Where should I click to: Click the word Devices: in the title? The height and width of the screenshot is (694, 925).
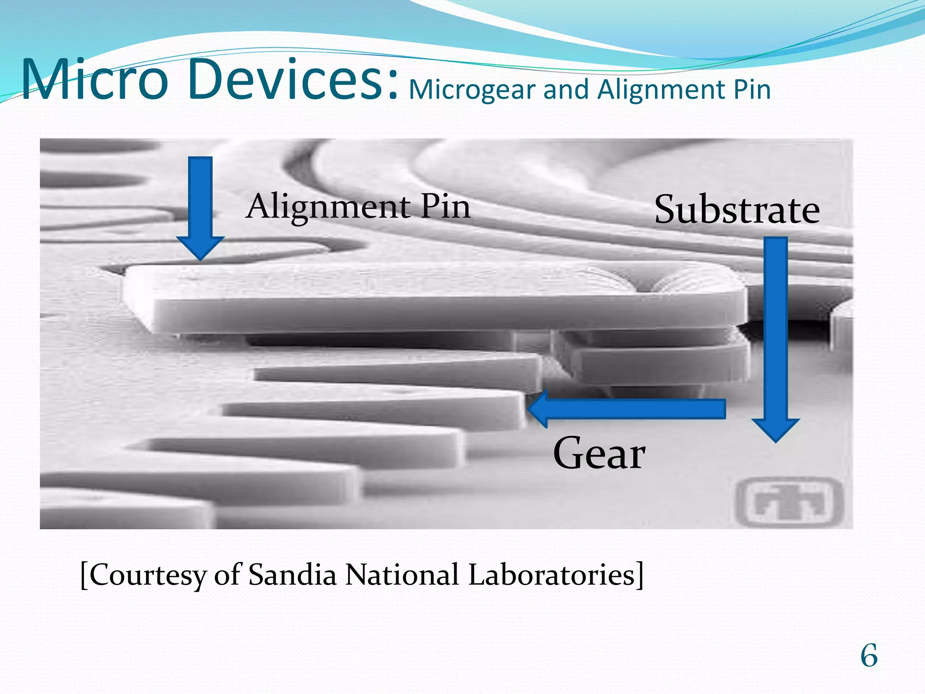[x=295, y=80]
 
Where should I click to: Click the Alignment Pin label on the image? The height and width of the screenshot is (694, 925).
[x=358, y=207]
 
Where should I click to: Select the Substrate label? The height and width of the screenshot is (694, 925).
[x=737, y=210]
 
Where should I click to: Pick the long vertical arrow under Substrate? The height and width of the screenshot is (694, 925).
[x=776, y=334]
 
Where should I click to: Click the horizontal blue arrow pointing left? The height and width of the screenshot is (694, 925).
[x=628, y=409]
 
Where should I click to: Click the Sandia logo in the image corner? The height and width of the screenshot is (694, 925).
[x=790, y=502]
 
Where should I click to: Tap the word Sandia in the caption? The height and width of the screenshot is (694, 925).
[x=292, y=575]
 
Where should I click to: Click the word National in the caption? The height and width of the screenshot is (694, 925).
[x=402, y=575]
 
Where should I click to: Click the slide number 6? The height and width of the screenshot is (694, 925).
[x=869, y=656]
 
